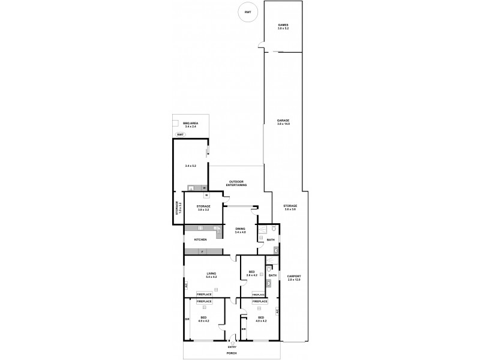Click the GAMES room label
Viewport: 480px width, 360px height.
coord(283,25)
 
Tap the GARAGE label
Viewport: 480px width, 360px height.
coord(283,121)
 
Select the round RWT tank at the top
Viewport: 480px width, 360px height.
coord(247,11)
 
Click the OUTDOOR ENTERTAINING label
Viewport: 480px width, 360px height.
coord(238,183)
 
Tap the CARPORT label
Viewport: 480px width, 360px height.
coord(293,276)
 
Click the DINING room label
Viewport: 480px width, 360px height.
coord(240,229)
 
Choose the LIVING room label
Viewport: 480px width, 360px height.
coord(211,273)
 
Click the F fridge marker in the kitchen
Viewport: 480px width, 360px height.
coord(202,251)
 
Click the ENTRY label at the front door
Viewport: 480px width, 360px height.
coord(232,347)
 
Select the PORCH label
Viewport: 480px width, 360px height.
coord(232,353)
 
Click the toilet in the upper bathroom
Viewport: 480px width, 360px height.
coord(272,229)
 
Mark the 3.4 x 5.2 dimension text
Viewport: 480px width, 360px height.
coord(190,166)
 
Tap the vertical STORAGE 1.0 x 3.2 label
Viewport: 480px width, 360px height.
coord(178,208)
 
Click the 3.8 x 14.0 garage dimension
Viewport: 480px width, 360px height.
coord(283,124)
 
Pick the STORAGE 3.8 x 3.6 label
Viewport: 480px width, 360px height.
coord(290,207)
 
